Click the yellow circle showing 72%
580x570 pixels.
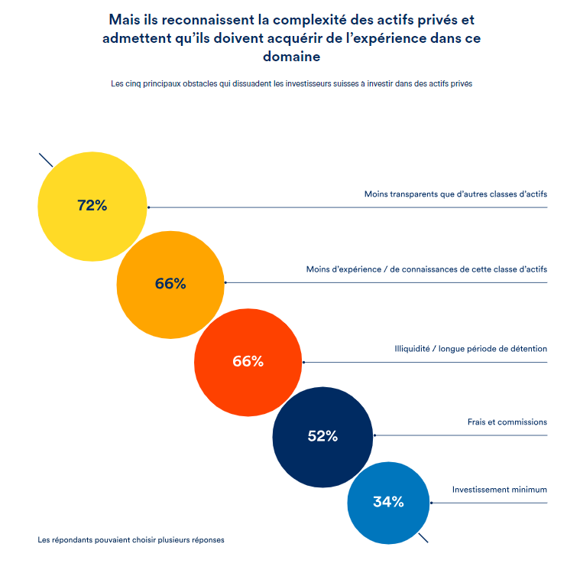pos(92,206)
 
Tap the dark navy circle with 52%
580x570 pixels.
pos(322,436)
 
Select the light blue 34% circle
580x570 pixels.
pos(387,502)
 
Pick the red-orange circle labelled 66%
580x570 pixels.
pos(248,361)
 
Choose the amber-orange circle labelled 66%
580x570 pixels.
pos(170,283)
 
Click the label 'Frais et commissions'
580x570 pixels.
pos(507,422)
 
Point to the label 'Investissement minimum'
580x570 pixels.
pos(499,490)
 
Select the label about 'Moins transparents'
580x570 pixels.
pos(455,194)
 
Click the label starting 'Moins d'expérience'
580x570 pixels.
pos(426,269)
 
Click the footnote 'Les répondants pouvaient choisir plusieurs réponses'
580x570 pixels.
pos(131,539)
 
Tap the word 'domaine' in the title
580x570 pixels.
pos(291,56)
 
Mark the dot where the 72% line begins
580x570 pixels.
pos(148,207)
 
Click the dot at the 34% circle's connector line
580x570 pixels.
pos(431,503)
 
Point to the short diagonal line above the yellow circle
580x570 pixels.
pos(45,160)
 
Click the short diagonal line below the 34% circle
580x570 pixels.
pos(423,538)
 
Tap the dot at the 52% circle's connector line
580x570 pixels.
pos(374,436)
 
